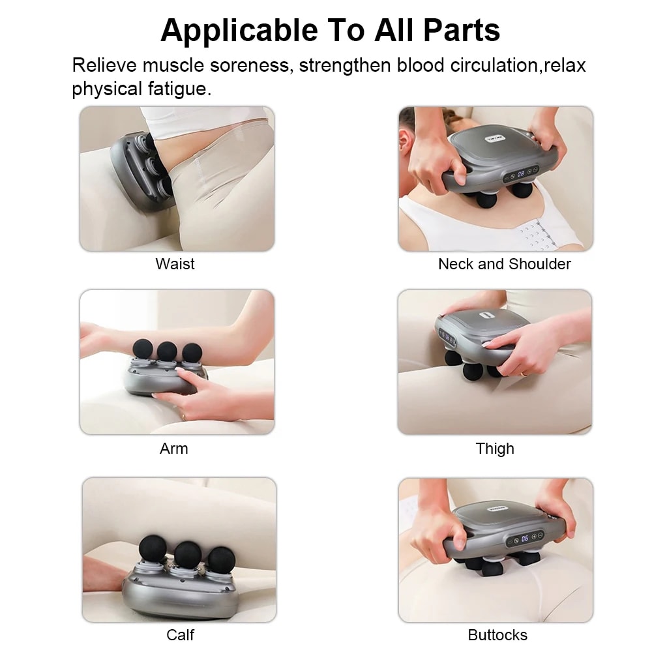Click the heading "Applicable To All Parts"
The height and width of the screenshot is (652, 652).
point(330,30)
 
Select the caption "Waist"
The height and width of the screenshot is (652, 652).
point(175,264)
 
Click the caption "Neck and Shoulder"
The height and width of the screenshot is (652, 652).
point(504,264)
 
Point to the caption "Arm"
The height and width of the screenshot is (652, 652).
point(173,449)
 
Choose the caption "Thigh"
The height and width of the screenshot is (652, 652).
point(495,449)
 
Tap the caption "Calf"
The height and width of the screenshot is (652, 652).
point(180,634)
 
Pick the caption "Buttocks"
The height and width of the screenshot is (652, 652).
point(497,634)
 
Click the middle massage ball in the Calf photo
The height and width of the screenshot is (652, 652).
point(186,554)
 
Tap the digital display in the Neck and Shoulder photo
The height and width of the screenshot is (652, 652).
point(522,174)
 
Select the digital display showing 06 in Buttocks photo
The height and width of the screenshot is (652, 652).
point(525,539)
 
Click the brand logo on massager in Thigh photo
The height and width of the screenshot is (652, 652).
point(484,315)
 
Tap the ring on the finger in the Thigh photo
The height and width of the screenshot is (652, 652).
point(525,374)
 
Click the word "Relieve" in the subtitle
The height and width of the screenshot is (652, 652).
point(104,66)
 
